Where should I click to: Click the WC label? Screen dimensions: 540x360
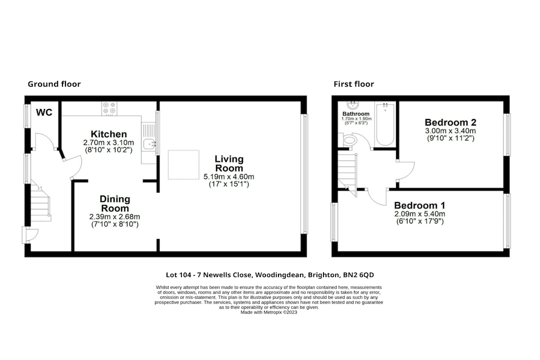[44, 112]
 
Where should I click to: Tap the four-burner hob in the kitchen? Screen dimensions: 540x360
[109, 108]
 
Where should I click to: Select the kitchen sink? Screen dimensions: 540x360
[149, 143]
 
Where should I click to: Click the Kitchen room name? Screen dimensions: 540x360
[109, 134]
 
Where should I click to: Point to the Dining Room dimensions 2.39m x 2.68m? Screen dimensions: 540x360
[114, 216]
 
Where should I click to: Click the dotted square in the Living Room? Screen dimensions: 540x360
[183, 164]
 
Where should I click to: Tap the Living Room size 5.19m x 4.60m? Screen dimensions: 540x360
[229, 176]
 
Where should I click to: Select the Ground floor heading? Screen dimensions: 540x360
[54, 84]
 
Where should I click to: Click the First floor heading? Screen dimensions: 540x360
[353, 84]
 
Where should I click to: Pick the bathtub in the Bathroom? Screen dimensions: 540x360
[385, 124]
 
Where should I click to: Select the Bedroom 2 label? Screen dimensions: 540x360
[450, 122]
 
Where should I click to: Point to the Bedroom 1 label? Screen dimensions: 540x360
[419, 205]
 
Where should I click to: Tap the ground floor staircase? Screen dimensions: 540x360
[40, 202]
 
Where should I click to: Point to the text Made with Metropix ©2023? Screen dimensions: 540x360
[268, 312]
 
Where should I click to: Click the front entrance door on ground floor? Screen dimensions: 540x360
[30, 234]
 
